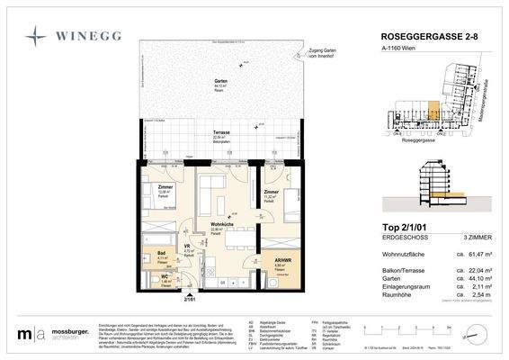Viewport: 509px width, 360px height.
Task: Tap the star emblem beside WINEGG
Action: pos(37,37)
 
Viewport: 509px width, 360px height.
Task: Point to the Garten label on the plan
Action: pos(219,81)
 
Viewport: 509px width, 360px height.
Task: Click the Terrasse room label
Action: pos(219,132)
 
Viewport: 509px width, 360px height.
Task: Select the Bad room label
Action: pos(163,254)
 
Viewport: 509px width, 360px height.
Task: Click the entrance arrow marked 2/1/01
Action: pos(190,299)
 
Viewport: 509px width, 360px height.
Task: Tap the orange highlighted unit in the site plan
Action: pos(433,113)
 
